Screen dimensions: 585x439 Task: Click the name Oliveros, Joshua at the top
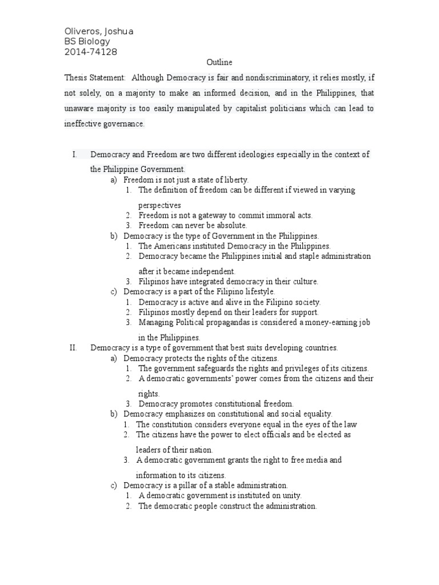tap(98, 31)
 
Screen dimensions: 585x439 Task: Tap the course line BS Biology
tap(86, 42)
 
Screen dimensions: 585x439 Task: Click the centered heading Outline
tap(219, 62)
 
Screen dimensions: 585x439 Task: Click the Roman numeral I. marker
tap(74, 154)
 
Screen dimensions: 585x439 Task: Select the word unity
tap(290, 495)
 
